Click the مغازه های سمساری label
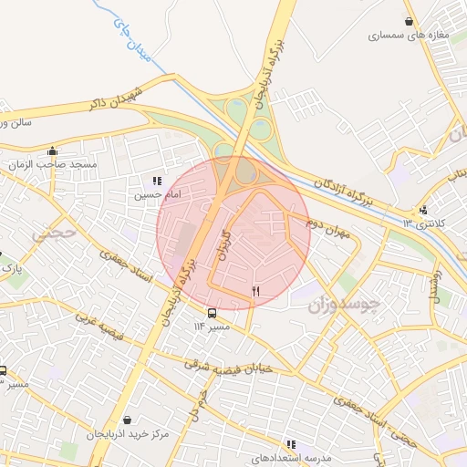398,37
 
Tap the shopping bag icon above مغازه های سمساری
410,22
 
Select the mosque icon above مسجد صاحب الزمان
52,151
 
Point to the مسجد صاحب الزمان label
52,165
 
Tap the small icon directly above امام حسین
157,181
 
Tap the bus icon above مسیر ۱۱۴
213,313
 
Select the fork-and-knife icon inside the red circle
255,292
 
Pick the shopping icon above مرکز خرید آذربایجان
126,420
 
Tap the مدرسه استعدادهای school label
290,458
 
